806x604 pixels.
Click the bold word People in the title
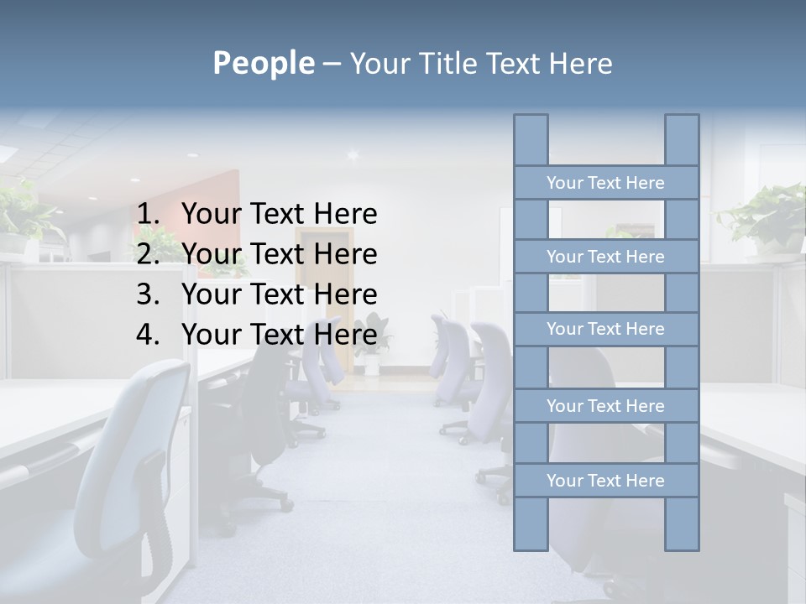click(x=263, y=63)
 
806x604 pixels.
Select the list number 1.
click(x=148, y=214)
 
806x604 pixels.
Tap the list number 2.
click(x=148, y=254)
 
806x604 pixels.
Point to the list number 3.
click(x=148, y=294)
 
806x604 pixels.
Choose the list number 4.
click(x=148, y=335)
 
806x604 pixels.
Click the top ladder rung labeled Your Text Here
click(x=605, y=183)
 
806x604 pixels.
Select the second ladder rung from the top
click(x=605, y=257)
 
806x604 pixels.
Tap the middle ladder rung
click(x=605, y=329)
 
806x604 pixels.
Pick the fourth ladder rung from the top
click(x=605, y=406)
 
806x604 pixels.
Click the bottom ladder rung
click(x=605, y=481)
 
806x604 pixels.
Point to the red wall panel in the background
click(x=222, y=210)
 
